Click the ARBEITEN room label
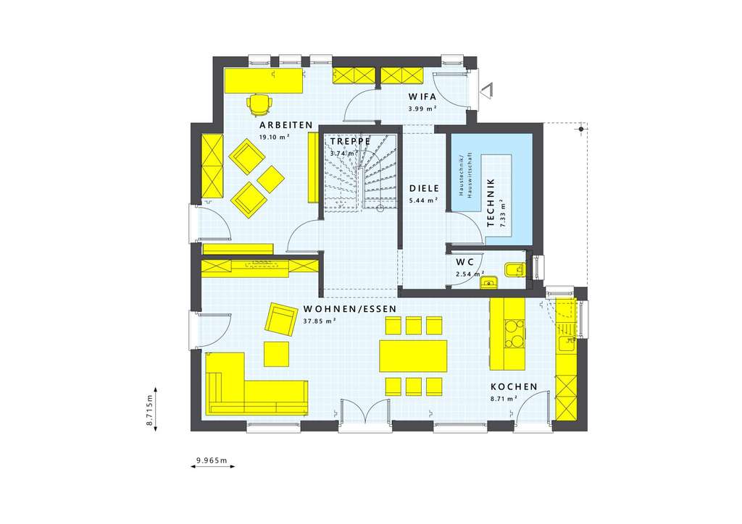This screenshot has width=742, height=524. [x=286, y=125]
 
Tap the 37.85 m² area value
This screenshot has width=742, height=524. [x=319, y=321]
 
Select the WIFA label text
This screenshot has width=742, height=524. [x=422, y=96]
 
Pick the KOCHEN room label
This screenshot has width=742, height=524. [x=514, y=386]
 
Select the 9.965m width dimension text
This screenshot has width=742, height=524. [x=212, y=460]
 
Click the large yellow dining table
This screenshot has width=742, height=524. [x=413, y=355]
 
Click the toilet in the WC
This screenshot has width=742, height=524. [x=514, y=270]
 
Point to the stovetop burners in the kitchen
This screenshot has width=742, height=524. [x=514, y=338]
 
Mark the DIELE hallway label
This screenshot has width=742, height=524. [x=424, y=187]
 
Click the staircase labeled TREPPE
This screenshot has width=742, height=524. [x=360, y=177]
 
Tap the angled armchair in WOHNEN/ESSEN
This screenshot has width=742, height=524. [x=280, y=318]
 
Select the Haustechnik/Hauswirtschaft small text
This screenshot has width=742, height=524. [x=464, y=175]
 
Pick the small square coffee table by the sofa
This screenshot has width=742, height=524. [x=276, y=354]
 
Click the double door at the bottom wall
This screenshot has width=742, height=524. [x=365, y=415]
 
